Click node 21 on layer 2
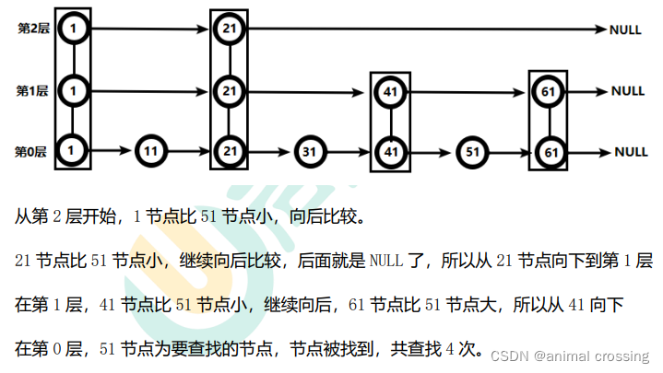tap(229, 29)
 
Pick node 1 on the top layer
tap(72, 29)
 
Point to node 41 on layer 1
tap(389, 92)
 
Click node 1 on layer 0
tap(72, 150)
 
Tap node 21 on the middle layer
tap(229, 91)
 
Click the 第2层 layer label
tap(31, 29)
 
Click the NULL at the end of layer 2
tap(626, 30)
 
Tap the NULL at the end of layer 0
tap(631, 152)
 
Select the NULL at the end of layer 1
tap(628, 91)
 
